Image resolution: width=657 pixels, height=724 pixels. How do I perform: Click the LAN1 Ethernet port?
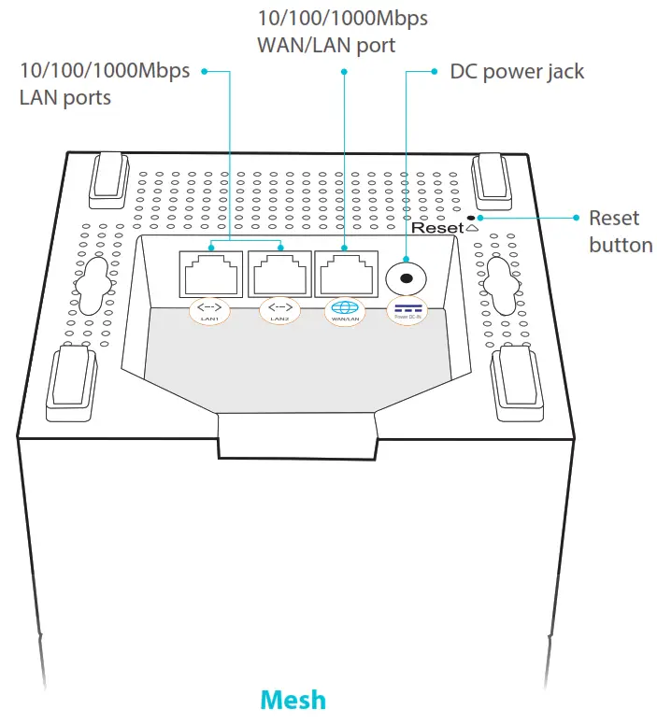click(x=209, y=273)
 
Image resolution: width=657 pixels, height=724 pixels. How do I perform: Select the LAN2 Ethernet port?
click(x=279, y=273)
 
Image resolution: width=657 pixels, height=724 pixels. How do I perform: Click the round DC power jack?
click(x=407, y=277)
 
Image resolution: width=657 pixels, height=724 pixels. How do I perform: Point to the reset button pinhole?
click(x=482, y=218)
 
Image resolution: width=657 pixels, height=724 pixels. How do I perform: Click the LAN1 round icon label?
click(x=209, y=310)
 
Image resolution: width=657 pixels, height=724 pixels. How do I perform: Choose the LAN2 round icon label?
click(x=279, y=310)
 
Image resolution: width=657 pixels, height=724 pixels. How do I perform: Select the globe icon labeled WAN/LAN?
click(x=346, y=310)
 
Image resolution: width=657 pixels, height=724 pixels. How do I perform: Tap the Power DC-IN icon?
click(x=407, y=310)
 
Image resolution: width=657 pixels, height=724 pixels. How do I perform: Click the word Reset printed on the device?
click(x=437, y=228)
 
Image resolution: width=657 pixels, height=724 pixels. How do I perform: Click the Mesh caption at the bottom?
click(x=293, y=700)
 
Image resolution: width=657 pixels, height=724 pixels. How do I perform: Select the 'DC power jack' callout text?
click(x=517, y=71)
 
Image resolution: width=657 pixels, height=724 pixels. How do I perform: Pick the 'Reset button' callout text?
click(x=620, y=231)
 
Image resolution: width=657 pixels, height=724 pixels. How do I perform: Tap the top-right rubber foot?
click(x=493, y=177)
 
